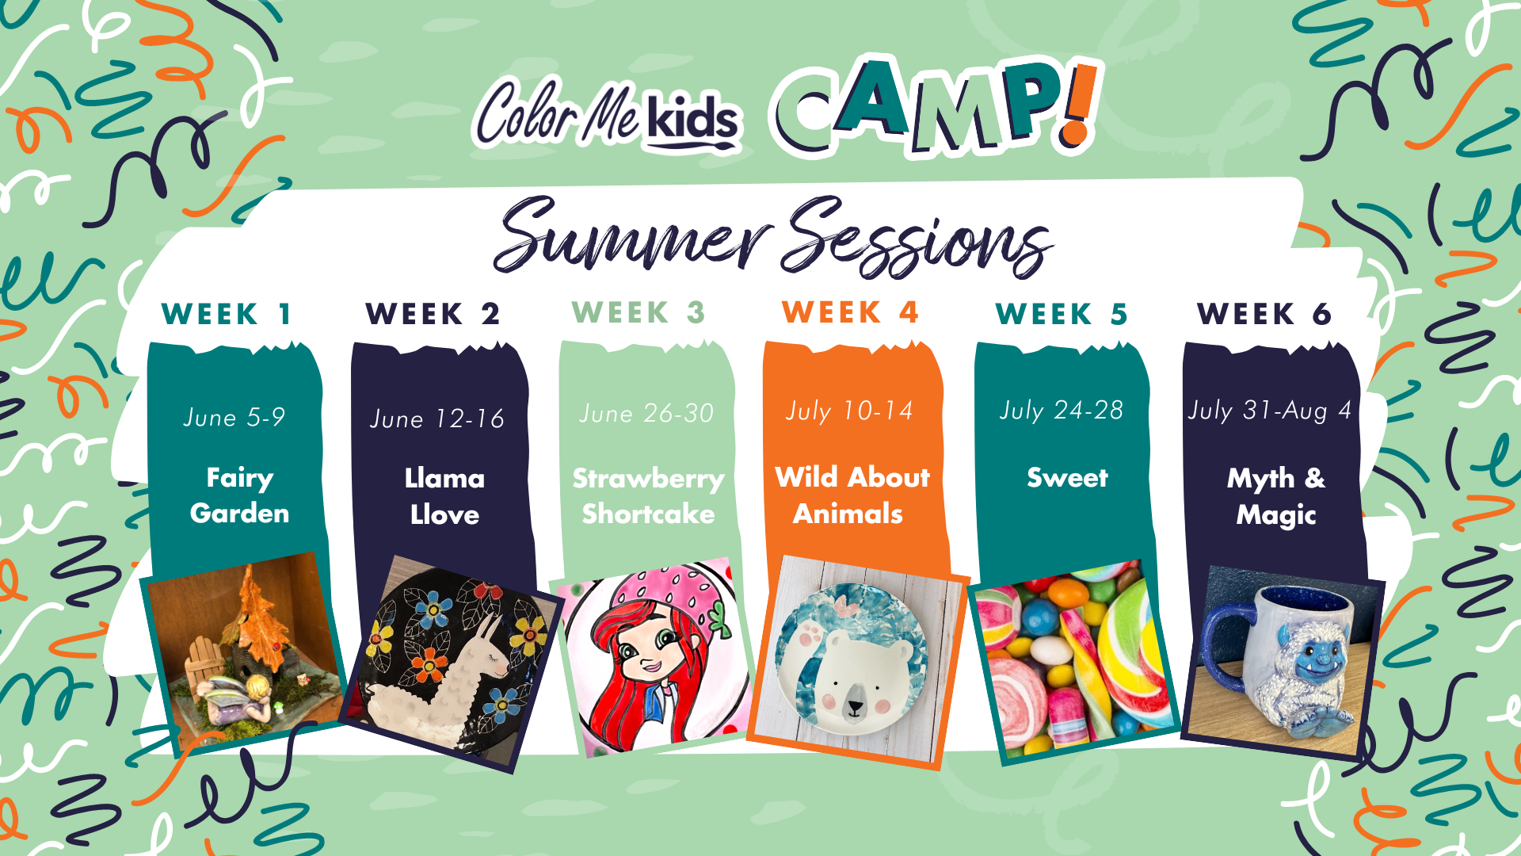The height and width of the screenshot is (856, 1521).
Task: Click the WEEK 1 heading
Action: coord(227,314)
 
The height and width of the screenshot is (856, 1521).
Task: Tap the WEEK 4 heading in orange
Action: coord(850,312)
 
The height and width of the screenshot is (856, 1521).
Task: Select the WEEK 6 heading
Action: coord(1264,314)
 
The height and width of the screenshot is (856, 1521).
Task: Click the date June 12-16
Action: coord(437,418)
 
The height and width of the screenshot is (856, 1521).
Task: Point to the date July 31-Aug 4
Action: coord(1269,411)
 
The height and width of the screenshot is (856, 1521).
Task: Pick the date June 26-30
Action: coord(646,413)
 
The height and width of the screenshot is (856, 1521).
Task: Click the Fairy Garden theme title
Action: coord(239,495)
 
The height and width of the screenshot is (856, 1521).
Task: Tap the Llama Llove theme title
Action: coord(444,496)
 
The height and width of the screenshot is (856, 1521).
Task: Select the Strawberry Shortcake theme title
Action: coord(648,496)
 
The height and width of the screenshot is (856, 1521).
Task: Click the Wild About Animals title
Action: coord(852,495)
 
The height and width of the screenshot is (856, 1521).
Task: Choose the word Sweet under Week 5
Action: coord(1067,477)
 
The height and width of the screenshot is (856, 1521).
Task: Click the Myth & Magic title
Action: coord(1275,496)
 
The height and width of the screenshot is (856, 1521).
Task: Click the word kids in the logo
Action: coord(692,121)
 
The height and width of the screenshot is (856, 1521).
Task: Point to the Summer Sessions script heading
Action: coord(772,236)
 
